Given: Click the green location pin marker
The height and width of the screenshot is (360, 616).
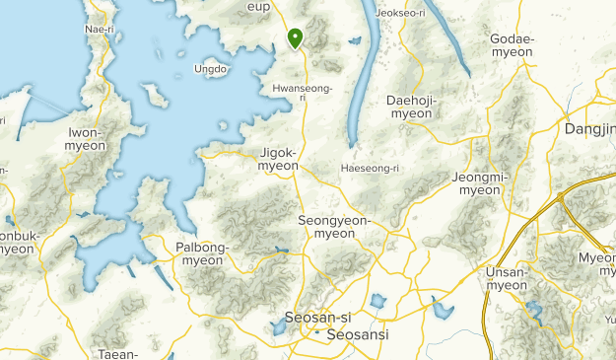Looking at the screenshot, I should [x=295, y=38].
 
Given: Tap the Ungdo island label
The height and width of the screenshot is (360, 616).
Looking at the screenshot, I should [x=211, y=69].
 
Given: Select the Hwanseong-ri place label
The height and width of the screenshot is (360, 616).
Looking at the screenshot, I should [x=302, y=93].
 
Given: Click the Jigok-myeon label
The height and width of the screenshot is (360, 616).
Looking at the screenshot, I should [x=278, y=159].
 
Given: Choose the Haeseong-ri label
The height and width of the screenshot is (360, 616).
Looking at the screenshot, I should [x=369, y=168].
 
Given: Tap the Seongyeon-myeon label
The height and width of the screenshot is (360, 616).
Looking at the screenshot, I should [x=333, y=227].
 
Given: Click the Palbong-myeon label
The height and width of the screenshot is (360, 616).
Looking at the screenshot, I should [x=200, y=253].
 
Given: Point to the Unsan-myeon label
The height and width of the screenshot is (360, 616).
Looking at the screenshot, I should [x=507, y=278].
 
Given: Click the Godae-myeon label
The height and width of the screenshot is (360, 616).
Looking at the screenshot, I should [x=512, y=45].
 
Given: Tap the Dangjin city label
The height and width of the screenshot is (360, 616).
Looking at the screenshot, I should [x=590, y=129].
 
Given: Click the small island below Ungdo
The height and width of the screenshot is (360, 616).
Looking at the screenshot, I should [x=154, y=95].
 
